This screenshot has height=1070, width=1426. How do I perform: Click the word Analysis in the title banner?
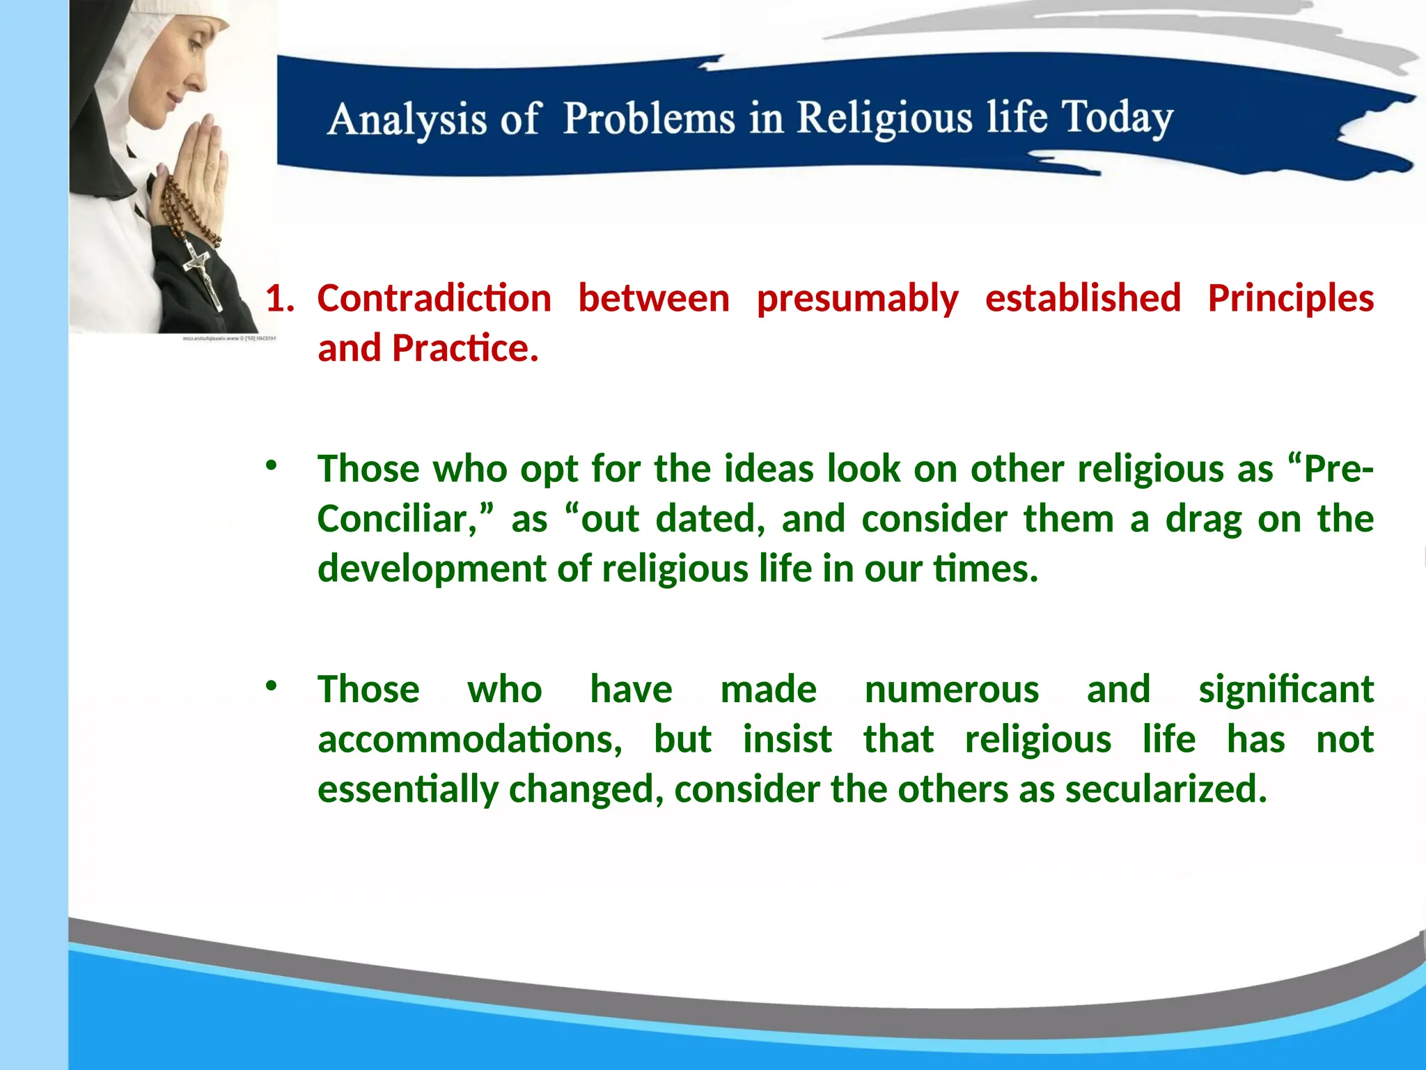tap(407, 119)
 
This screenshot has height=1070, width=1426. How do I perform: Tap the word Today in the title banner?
tap(1117, 117)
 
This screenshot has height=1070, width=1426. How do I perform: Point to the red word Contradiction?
tap(434, 299)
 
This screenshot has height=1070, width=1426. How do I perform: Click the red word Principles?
tap(1290, 299)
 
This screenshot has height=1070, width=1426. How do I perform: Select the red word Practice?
tap(464, 348)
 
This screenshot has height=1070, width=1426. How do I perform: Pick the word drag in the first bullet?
tap(1203, 519)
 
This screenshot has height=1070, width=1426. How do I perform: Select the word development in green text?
tap(431, 569)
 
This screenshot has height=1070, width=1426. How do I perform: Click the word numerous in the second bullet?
tap(951, 690)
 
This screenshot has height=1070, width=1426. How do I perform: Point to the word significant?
tap(1285, 690)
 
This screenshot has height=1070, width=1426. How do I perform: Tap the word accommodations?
tap(469, 740)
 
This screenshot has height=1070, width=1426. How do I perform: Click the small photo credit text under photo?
tap(230, 339)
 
